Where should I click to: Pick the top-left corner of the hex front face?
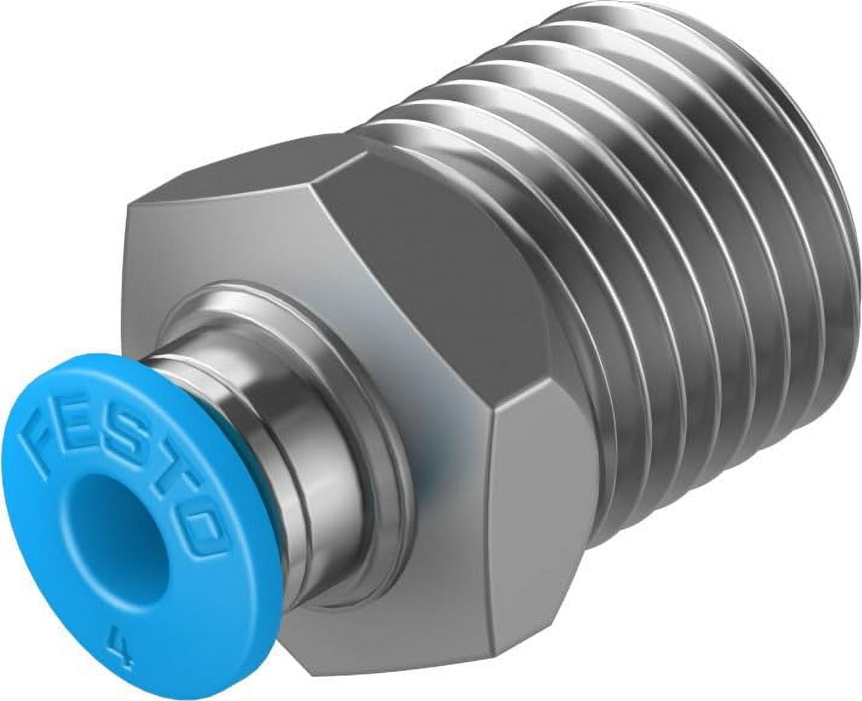tap(130, 211)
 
